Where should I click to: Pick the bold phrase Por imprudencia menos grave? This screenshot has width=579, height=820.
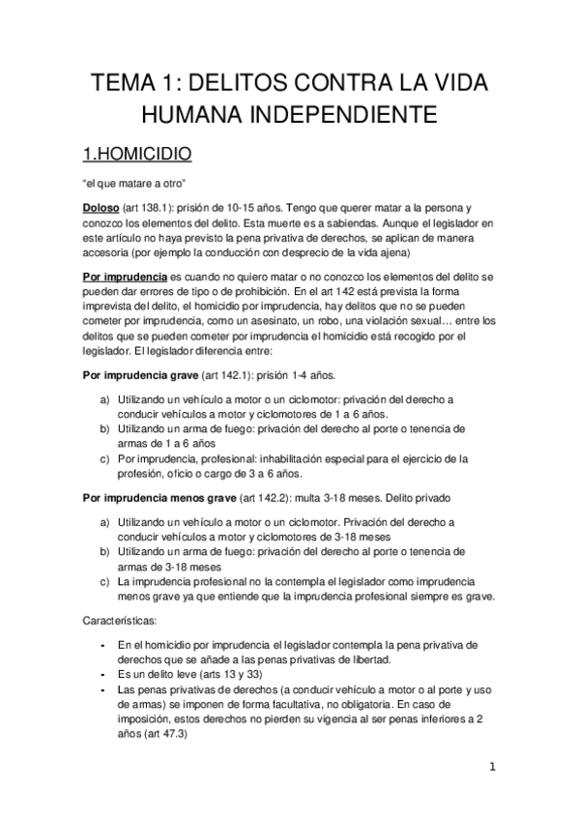coord(159,498)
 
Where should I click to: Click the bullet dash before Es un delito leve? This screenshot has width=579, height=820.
coord(103,674)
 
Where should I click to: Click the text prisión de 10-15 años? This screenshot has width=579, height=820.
coord(227,208)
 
